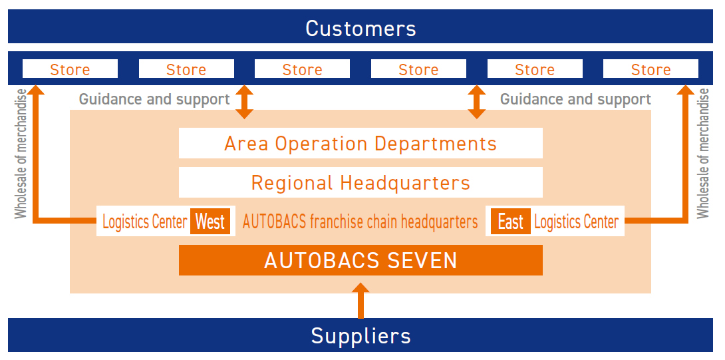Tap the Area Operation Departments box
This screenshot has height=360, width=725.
click(x=361, y=144)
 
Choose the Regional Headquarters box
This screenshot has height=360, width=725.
click(x=361, y=182)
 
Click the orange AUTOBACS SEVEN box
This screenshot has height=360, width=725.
click(x=361, y=260)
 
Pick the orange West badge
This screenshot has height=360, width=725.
click(x=210, y=222)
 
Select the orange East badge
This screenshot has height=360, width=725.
click(x=510, y=222)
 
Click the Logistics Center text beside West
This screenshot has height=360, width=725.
click(x=145, y=222)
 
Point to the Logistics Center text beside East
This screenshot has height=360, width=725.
click(x=576, y=222)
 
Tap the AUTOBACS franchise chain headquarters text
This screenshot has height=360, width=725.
click(x=361, y=222)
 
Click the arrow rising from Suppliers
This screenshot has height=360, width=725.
click(x=361, y=301)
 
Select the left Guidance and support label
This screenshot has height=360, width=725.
click(x=154, y=99)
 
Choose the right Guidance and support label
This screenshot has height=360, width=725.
click(x=575, y=99)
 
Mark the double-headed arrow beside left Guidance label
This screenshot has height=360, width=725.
click(x=245, y=102)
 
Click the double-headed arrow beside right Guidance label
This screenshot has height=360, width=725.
click(x=477, y=102)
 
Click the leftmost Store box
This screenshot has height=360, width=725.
click(x=71, y=69)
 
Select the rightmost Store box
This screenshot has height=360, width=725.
click(x=651, y=69)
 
